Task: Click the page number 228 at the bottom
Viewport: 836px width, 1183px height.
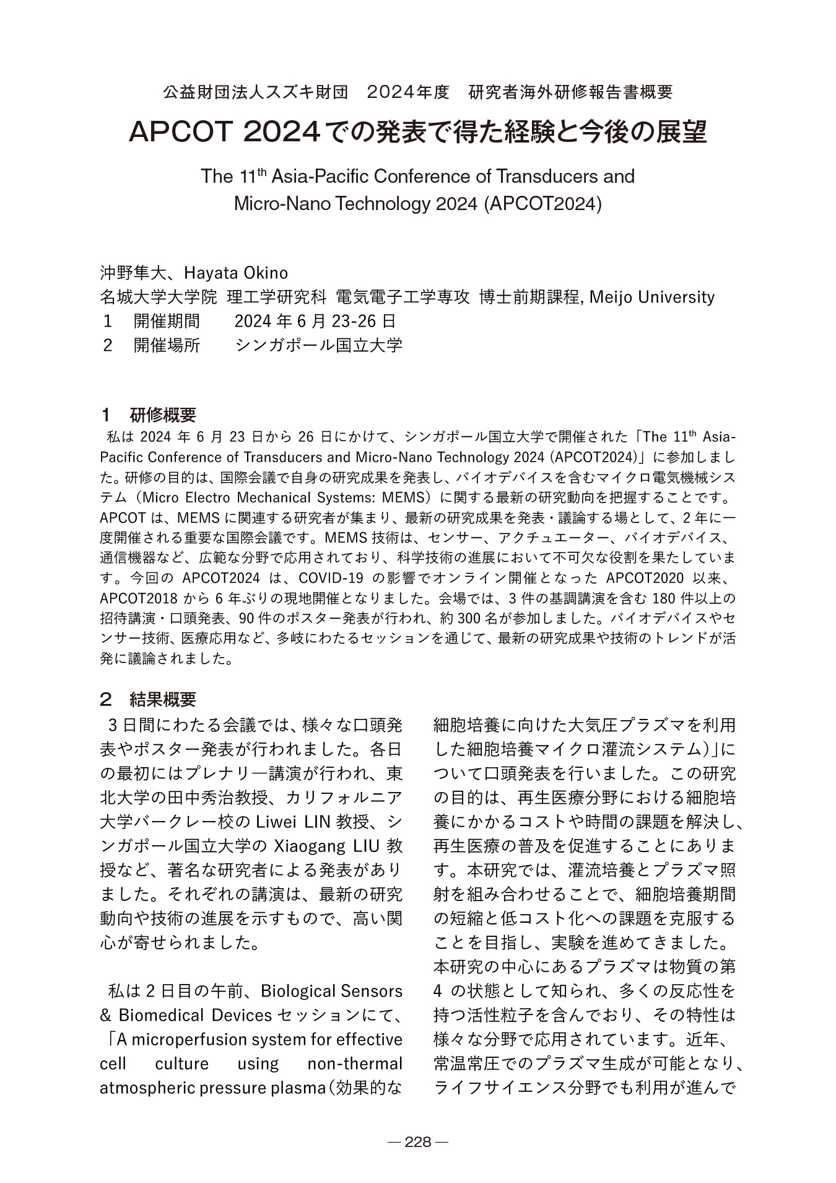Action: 417,1142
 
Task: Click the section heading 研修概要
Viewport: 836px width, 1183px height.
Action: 163,415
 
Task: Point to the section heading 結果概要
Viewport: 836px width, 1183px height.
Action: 163,700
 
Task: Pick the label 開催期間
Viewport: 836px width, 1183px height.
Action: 167,321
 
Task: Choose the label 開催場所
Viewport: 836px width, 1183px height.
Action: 167,345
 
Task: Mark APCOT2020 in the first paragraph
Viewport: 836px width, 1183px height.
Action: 645,578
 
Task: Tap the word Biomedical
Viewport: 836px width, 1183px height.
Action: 165,1015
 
